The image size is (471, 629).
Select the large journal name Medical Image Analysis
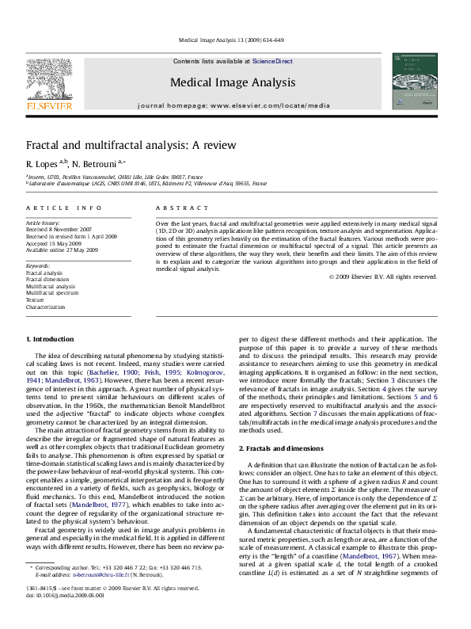[233, 82]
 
